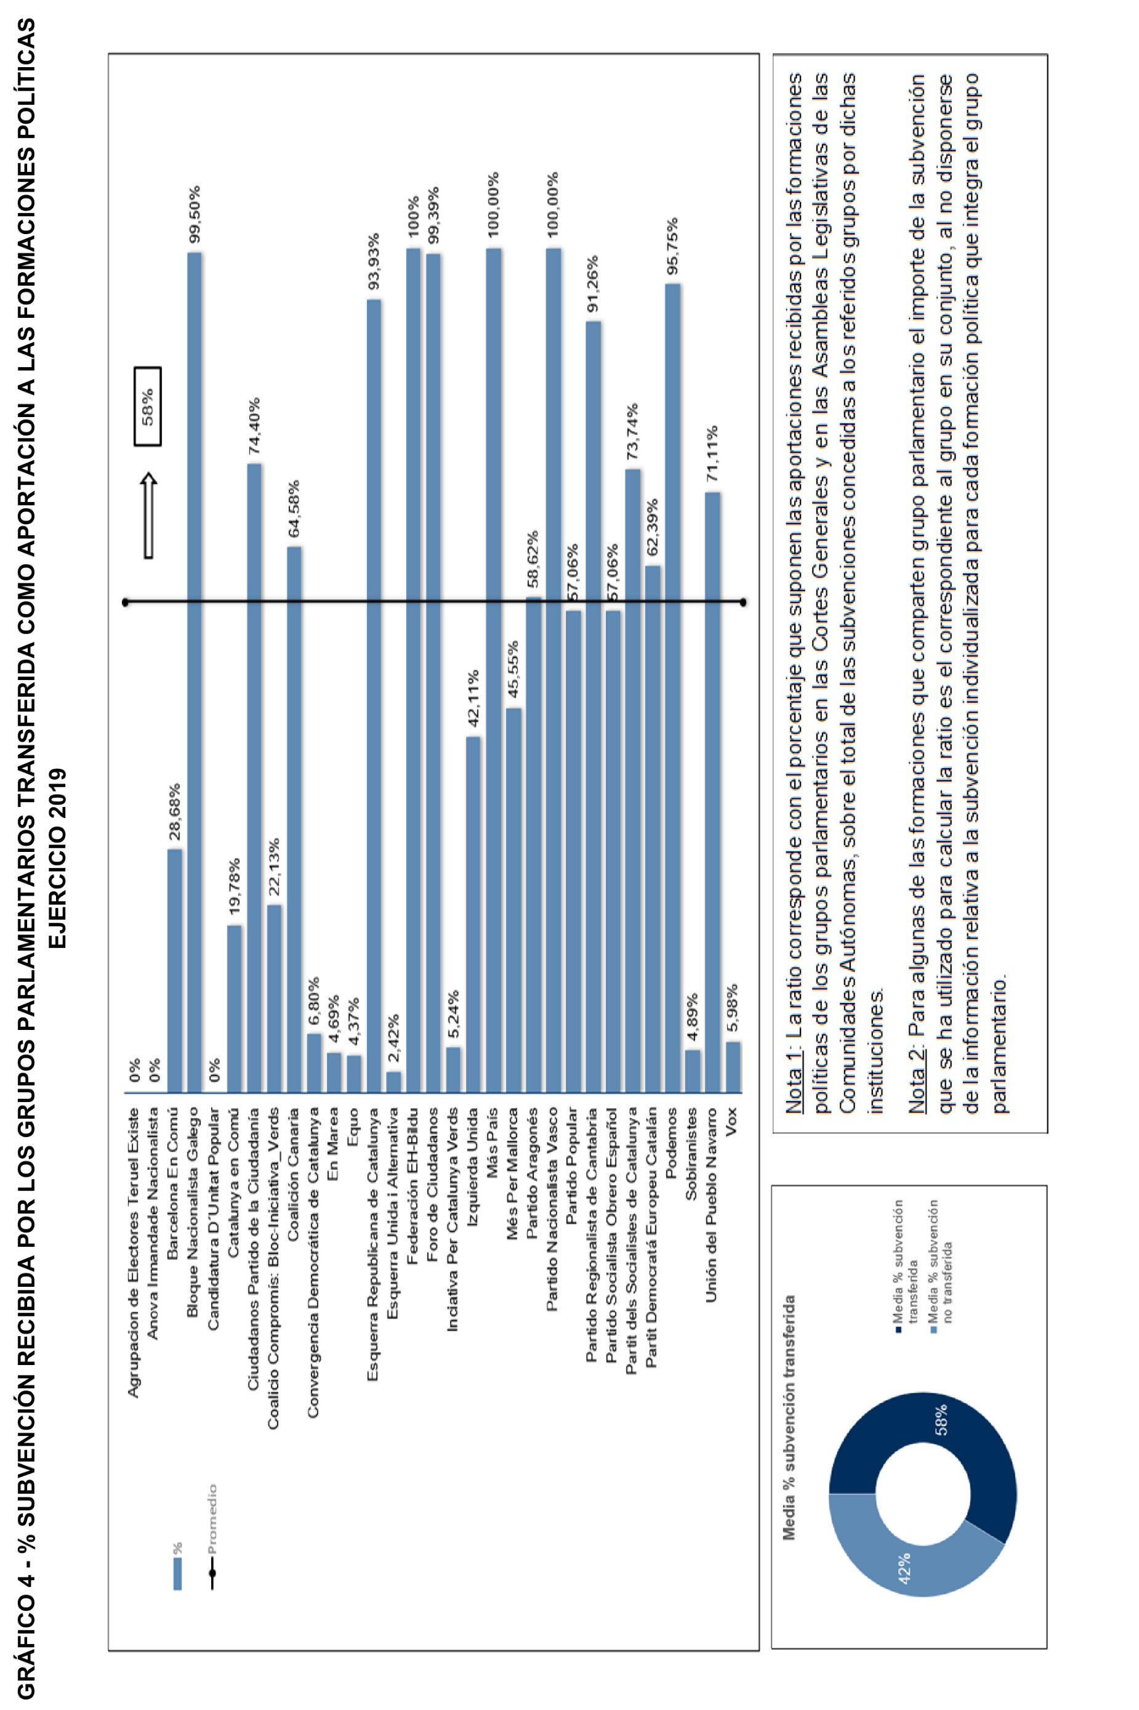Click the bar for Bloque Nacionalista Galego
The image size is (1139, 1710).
tap(195, 671)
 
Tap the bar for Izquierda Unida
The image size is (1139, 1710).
tap(473, 914)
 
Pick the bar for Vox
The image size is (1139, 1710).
tap(733, 1067)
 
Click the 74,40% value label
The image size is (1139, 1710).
tap(254, 426)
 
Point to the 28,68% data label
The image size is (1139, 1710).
tap(174, 811)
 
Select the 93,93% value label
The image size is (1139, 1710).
tap(373, 262)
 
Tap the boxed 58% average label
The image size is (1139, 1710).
tap(148, 406)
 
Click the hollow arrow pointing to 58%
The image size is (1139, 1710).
tap(148, 516)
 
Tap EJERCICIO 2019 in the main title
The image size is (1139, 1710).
tap(58, 859)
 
